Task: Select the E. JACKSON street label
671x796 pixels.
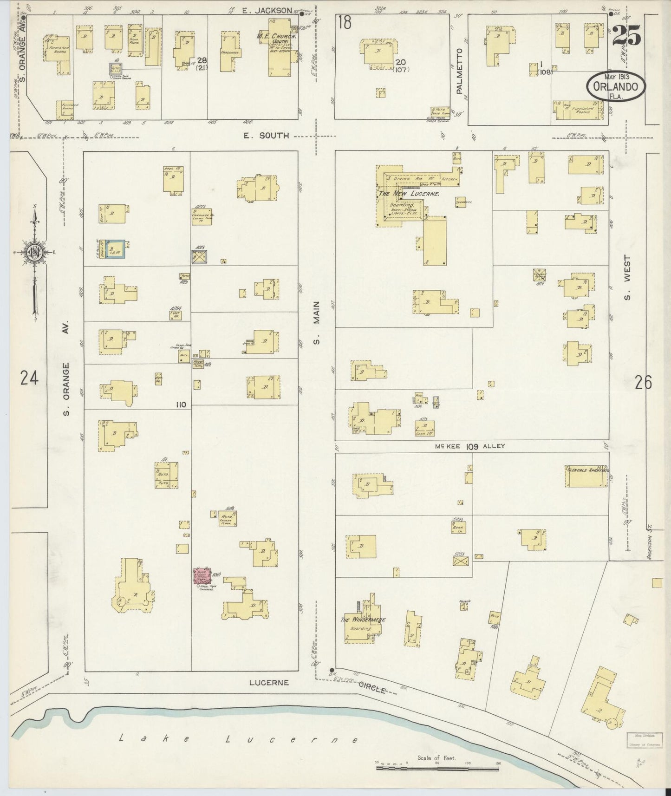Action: pyautogui.click(x=267, y=10)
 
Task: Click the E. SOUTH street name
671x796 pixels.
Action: pyautogui.click(x=267, y=136)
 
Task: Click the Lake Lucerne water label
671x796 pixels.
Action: pyautogui.click(x=238, y=739)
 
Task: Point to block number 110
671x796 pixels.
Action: pyautogui.click(x=181, y=405)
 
